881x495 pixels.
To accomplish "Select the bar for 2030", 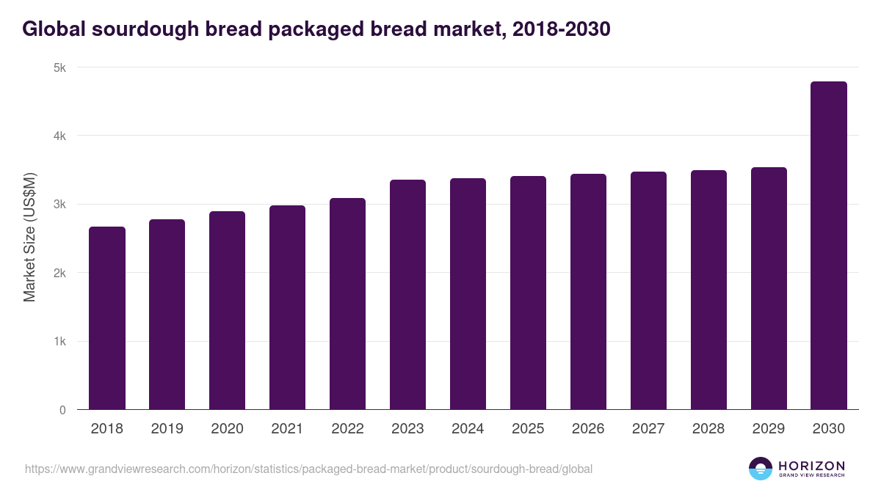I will point(828,246).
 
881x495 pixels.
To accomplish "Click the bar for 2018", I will point(107,318).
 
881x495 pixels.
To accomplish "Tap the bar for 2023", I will point(407,295).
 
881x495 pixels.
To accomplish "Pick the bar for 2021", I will point(287,307).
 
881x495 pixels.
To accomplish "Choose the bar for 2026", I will point(588,292).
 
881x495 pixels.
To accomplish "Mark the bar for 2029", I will point(769,288).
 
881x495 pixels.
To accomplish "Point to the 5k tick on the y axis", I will point(59,67).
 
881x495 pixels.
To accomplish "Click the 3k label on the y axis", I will point(59,205).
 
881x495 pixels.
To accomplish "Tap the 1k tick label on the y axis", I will point(59,342).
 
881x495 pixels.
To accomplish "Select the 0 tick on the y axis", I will point(62,410).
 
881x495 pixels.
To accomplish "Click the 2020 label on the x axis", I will point(227,429).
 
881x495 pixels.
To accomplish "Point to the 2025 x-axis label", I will point(528,429).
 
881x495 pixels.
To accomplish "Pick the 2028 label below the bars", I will point(708,429).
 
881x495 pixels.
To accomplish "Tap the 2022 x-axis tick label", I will point(347,429).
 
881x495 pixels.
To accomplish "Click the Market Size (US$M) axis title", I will point(29,238).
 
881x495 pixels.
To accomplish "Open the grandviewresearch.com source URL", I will point(308,469).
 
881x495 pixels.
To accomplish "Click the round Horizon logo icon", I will point(761,469).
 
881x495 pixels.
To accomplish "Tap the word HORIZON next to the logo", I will point(811,466).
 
